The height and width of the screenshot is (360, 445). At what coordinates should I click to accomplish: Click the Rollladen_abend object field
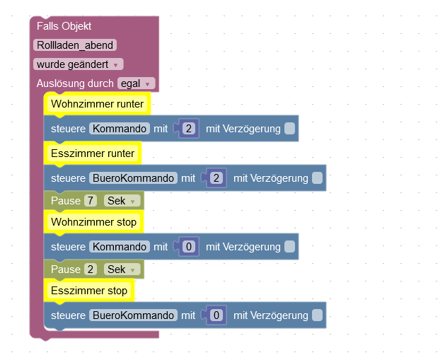tap(74, 45)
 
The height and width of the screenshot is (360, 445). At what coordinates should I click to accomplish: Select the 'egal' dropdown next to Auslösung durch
tap(137, 83)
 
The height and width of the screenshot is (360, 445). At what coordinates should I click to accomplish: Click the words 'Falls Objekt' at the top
tap(64, 26)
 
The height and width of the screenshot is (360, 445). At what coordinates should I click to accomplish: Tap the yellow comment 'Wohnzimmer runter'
tap(98, 105)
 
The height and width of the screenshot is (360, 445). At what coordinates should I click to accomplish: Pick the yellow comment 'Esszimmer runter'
tap(93, 153)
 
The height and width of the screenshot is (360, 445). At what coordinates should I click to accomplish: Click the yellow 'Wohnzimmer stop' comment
tap(94, 222)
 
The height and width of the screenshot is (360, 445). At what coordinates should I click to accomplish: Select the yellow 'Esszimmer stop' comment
tap(89, 291)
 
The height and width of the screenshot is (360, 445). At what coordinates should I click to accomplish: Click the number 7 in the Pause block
tap(90, 201)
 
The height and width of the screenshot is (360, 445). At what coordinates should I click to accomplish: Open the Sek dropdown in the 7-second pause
tap(120, 201)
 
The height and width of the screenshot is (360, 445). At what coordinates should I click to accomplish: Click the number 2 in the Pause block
tap(90, 269)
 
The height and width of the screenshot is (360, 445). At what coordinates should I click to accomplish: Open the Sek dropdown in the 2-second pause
tap(120, 269)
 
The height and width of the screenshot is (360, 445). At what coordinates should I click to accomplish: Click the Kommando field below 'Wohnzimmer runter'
tap(120, 129)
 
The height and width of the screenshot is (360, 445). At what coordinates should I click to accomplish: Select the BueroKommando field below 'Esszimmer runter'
tap(133, 178)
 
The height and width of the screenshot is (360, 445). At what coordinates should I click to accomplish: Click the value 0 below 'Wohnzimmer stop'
tap(188, 247)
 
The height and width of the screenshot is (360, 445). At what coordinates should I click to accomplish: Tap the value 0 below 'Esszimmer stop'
tap(216, 315)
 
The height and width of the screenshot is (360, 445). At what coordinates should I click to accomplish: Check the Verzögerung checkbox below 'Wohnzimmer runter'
tap(289, 129)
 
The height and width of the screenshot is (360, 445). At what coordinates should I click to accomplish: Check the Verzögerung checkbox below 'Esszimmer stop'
tap(317, 315)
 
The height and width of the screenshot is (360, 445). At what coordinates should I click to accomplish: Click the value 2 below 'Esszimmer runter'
tap(216, 178)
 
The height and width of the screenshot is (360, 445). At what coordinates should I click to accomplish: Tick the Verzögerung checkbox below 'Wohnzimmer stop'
tap(289, 247)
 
